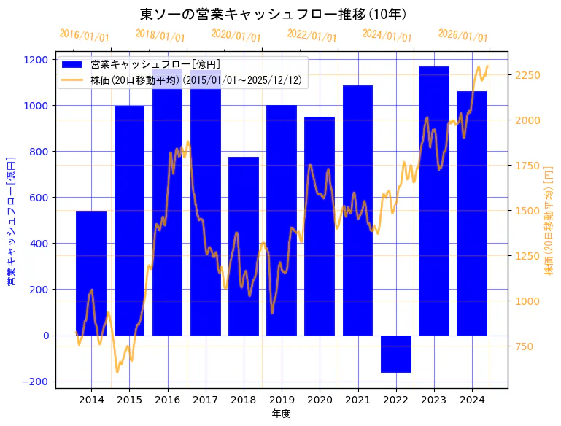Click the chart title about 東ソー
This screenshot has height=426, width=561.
274,14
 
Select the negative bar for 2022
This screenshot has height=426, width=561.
396,354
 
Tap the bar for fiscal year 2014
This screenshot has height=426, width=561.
91,273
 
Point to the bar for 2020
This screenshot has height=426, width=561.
320,226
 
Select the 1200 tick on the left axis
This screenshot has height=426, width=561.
37,60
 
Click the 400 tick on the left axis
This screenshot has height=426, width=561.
39,244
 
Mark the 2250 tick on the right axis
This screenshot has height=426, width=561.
527,76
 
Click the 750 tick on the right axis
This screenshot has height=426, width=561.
525,346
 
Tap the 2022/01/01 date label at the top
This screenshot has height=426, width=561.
312,36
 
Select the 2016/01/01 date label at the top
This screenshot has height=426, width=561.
84,36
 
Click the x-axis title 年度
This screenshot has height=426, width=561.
281,414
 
